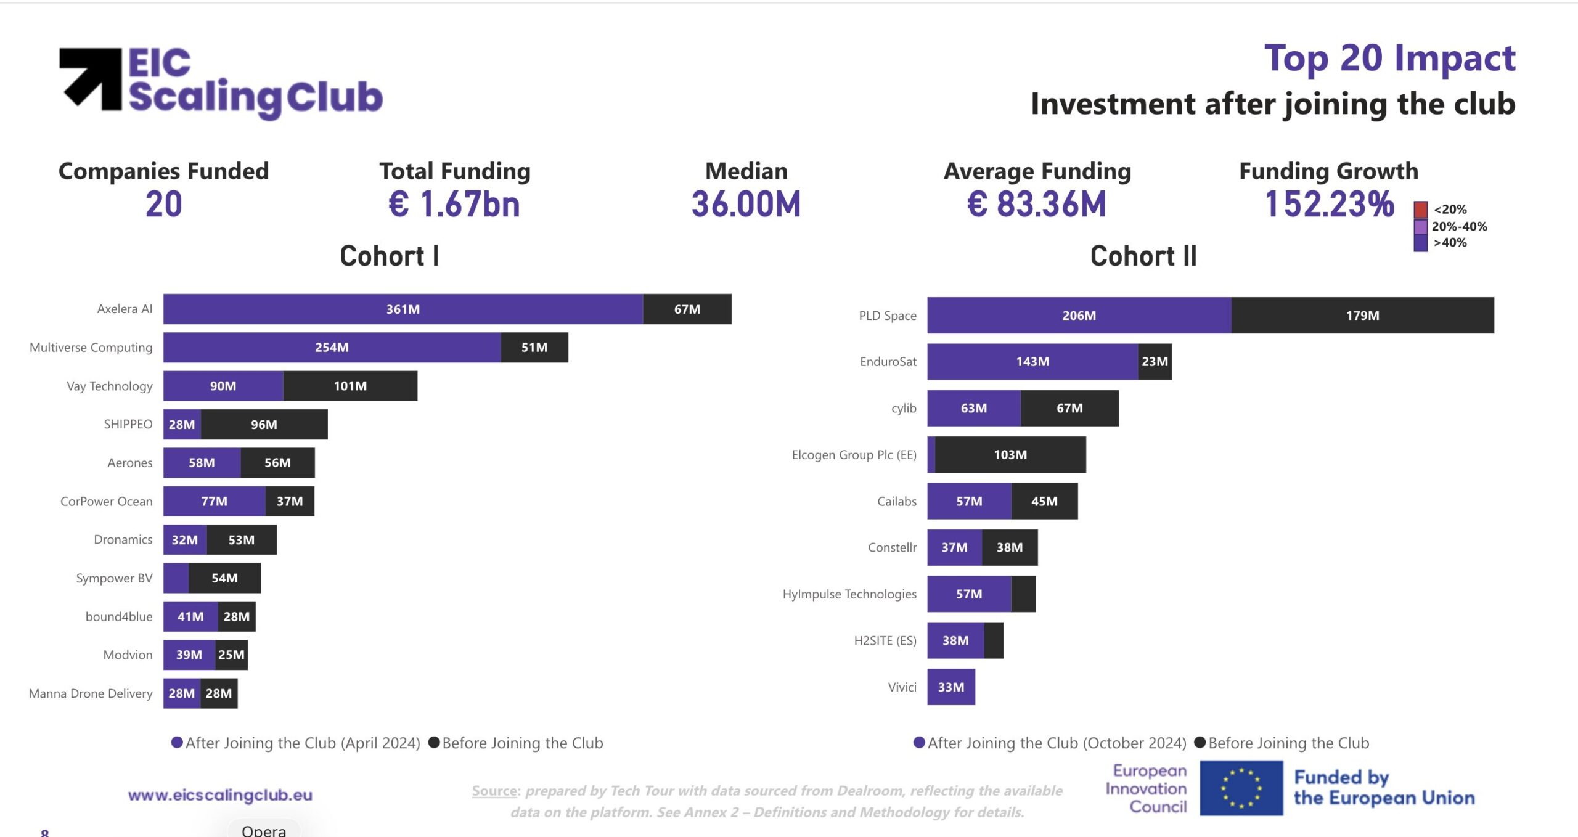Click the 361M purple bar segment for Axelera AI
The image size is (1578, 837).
403,309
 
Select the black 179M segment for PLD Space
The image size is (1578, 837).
1362,316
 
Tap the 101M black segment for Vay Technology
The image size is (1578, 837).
350,386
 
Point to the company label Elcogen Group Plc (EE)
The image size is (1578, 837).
854,455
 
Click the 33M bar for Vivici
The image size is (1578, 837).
950,687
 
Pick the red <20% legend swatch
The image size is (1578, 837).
1420,210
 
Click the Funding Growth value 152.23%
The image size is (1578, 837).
1328,204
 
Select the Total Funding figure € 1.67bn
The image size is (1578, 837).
454,204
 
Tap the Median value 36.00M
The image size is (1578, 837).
746,204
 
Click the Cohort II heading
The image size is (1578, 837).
1143,256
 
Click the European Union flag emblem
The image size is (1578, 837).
1241,788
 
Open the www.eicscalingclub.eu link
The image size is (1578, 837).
220,795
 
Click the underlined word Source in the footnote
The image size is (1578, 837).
494,791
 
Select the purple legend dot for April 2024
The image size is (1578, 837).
177,743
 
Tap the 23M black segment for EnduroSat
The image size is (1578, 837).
1154,362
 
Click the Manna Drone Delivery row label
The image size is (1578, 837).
91,693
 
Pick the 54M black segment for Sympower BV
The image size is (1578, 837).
224,578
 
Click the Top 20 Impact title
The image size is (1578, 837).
1389,59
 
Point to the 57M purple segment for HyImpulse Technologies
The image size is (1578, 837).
968,594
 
